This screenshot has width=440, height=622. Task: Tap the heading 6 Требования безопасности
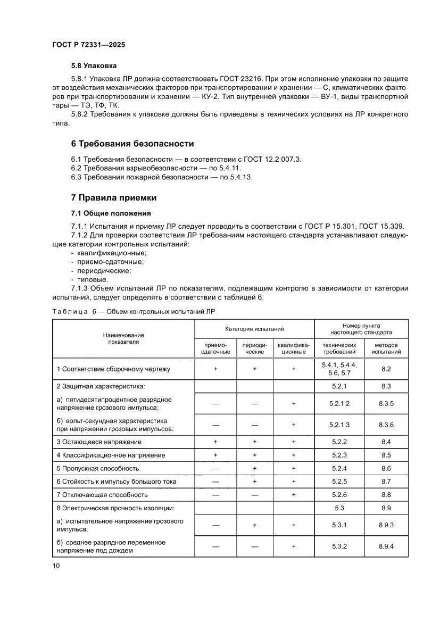pos(132,144)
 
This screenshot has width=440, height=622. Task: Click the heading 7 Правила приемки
pos(114,197)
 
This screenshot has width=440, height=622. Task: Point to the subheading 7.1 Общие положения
pos(104,213)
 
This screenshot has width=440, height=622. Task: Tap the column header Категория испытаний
pos(254,329)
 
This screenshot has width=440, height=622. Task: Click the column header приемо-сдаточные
pos(215,349)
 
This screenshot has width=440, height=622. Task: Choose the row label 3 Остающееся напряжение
pos(99,442)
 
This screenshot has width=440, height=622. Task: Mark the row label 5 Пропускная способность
pos(98,468)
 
